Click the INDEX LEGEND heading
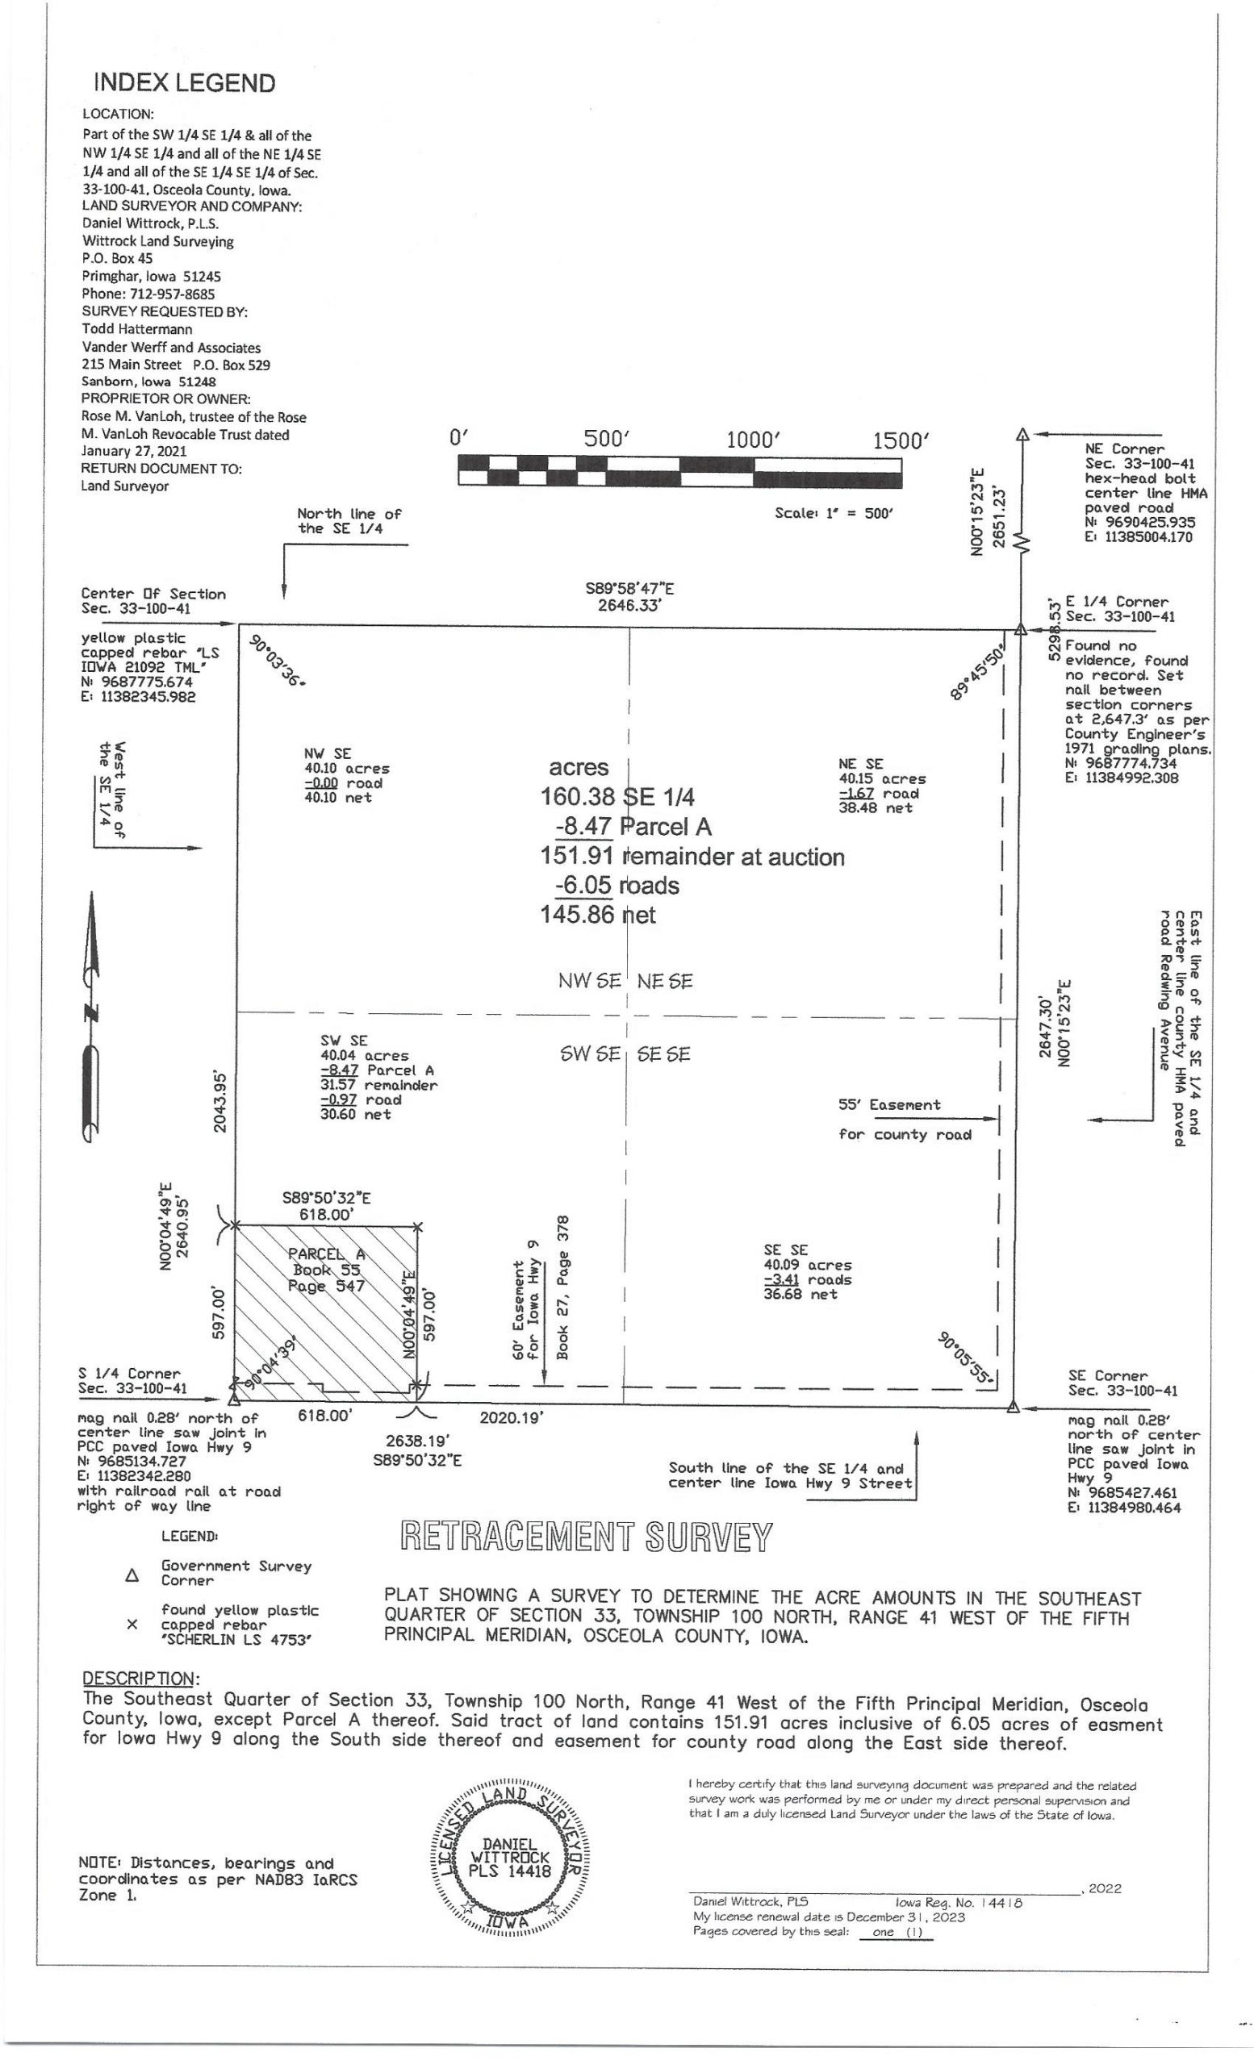(185, 83)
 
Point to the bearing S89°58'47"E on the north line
(629, 588)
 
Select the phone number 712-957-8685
(172, 294)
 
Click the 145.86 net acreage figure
(598, 915)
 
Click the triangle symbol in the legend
(132, 1575)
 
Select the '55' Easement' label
(889, 1104)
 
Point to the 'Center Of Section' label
(153, 594)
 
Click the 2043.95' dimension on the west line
(219, 1100)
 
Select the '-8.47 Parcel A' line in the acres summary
(632, 827)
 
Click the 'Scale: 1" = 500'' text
(834, 513)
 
